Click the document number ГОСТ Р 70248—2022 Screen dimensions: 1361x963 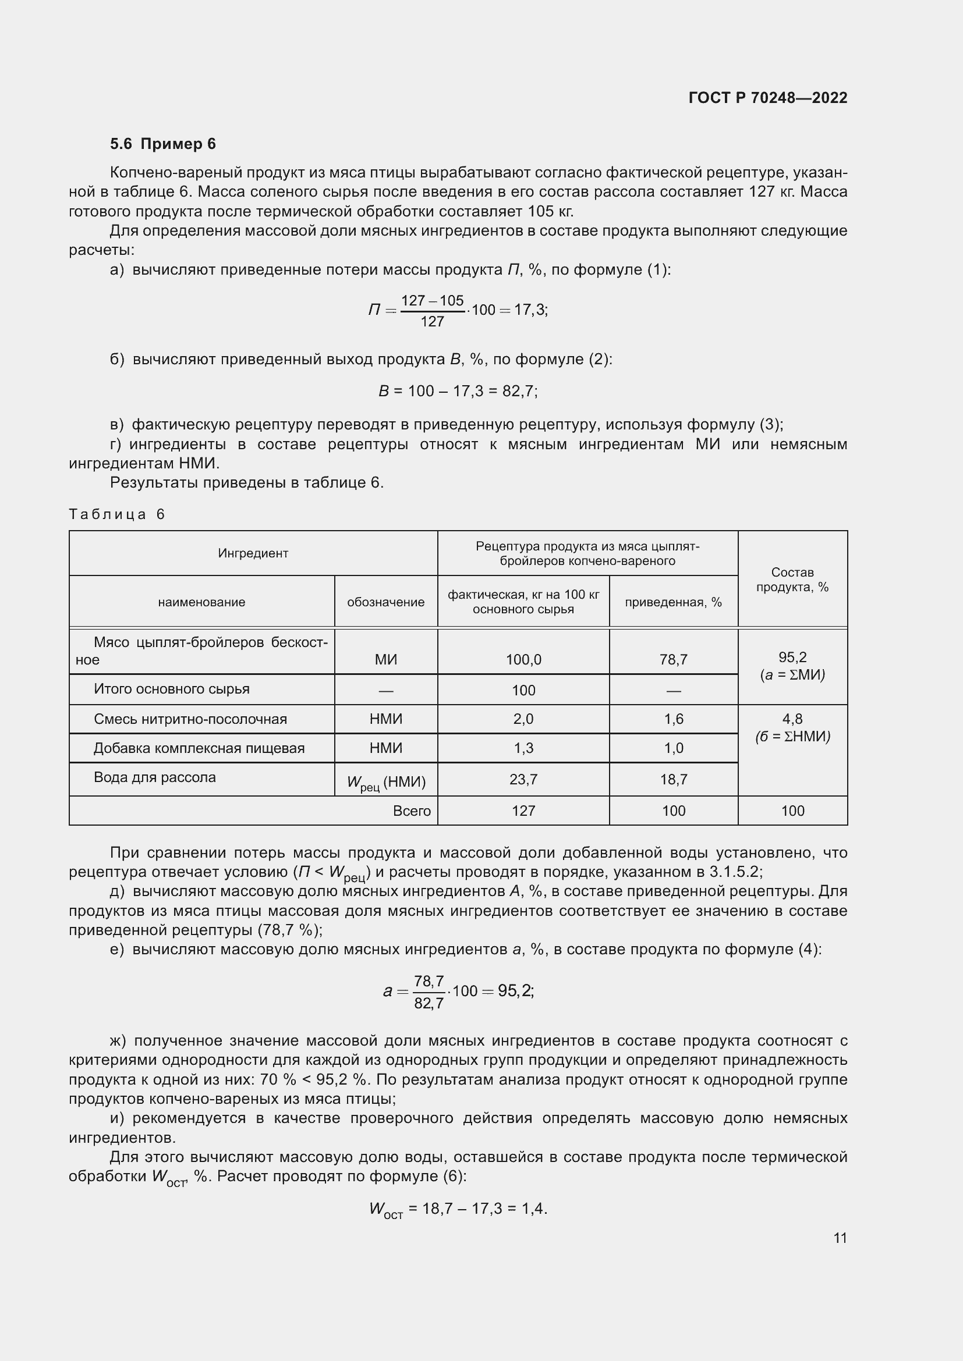[767, 98]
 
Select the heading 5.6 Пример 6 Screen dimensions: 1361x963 [162, 144]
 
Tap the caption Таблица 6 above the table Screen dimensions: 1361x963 [116, 514]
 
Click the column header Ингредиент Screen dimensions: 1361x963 [253, 553]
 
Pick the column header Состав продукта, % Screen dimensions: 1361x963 [792, 579]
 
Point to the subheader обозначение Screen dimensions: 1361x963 [385, 602]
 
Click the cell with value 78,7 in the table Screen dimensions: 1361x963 [673, 659]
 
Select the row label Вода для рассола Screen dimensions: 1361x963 [154, 777]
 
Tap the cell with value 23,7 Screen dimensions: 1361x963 [523, 780]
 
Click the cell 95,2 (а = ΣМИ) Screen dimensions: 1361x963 [792, 666]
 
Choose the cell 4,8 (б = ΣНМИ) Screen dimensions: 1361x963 [792, 727]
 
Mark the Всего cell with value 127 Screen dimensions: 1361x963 [523, 811]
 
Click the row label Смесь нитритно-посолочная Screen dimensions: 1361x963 [190, 719]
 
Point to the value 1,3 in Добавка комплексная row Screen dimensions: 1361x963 [523, 748]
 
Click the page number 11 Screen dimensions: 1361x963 [840, 1238]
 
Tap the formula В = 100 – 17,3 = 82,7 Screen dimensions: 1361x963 [457, 391]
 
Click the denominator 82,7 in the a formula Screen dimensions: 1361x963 [428, 1004]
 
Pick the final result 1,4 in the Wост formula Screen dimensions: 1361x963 [533, 1208]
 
